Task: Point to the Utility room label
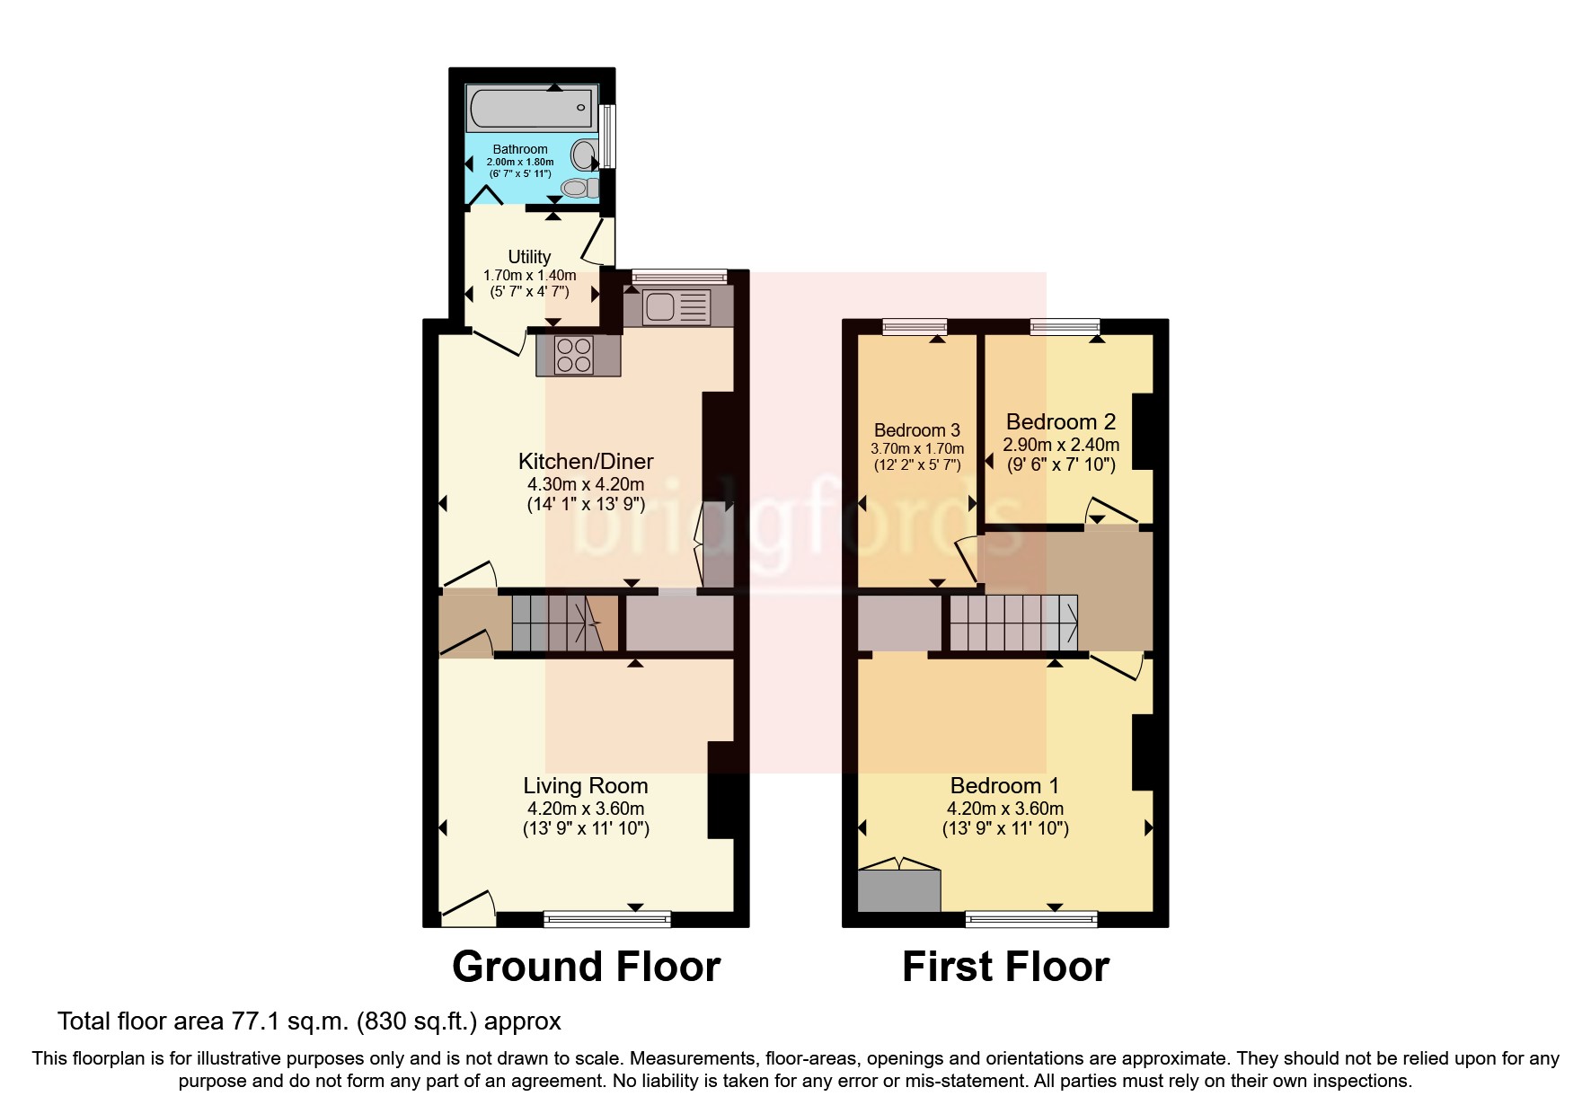coord(529,257)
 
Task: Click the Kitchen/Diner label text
coord(586,462)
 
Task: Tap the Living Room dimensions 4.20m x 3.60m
coord(586,808)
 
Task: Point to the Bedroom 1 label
coord(1004,786)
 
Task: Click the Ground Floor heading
coord(586,967)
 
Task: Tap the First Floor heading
coord(1005,967)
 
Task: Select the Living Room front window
coord(607,918)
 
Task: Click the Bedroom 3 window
coord(915,327)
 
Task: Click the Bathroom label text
coord(520,149)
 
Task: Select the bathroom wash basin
coord(586,155)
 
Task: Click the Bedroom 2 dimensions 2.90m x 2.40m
coord(1061,445)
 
